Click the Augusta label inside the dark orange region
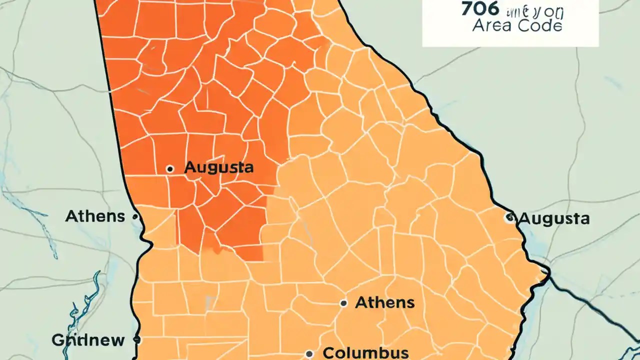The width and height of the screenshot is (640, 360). click(x=218, y=168)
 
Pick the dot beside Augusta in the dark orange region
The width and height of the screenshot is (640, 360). click(x=170, y=169)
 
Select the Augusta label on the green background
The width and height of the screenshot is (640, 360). click(x=554, y=218)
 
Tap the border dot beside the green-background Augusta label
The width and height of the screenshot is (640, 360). click(x=509, y=217)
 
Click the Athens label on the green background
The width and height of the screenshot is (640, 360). click(x=95, y=216)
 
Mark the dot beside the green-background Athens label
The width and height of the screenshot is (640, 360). click(x=135, y=217)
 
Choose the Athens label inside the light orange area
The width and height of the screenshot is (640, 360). click(x=384, y=302)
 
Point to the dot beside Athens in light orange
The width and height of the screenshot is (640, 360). click(x=343, y=303)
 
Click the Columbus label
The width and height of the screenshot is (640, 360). click(x=365, y=352)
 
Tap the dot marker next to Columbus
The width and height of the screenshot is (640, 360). click(x=309, y=353)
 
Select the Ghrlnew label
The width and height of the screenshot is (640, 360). click(x=88, y=340)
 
